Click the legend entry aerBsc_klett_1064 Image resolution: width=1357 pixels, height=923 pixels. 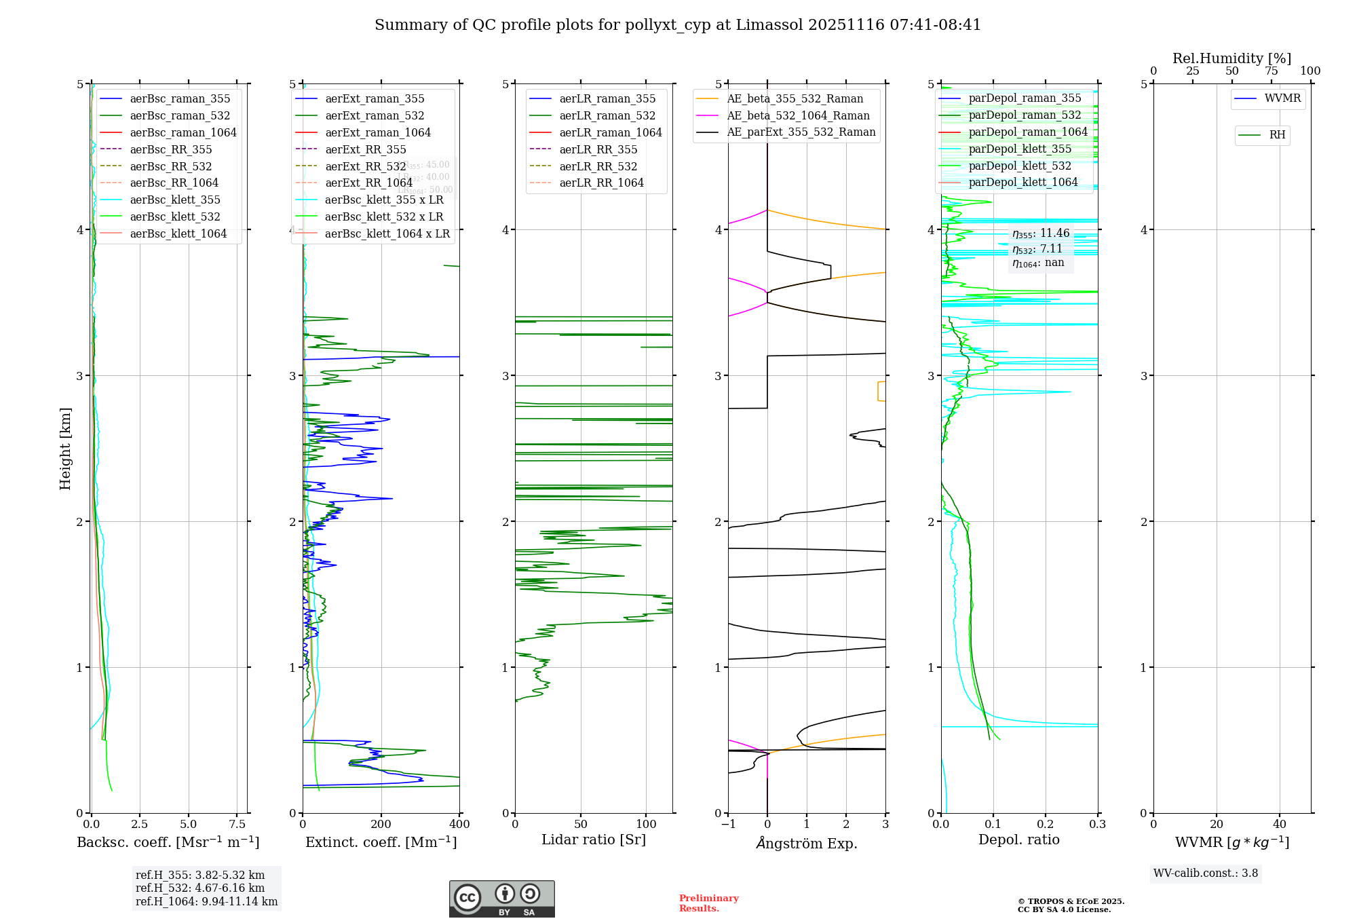click(x=178, y=233)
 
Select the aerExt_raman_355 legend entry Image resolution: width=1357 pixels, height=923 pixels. click(x=375, y=99)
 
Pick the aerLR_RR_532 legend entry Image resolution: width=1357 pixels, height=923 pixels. click(x=598, y=166)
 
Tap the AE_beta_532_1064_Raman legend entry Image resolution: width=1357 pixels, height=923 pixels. click(x=798, y=115)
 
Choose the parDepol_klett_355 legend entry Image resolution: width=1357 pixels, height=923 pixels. click(x=1020, y=149)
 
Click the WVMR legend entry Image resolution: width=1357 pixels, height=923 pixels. click(x=1282, y=98)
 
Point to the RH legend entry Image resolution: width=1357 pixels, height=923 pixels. click(x=1277, y=135)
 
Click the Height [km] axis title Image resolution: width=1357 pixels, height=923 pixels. click(x=65, y=448)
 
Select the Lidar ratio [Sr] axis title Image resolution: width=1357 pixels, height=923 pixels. click(x=594, y=840)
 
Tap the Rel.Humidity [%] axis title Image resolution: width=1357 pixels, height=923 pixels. click(x=1231, y=58)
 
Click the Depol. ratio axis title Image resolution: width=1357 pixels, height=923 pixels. click(x=1018, y=840)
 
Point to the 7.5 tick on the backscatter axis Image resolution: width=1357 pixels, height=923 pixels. click(x=237, y=825)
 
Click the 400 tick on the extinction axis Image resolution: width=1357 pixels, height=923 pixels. click(x=459, y=825)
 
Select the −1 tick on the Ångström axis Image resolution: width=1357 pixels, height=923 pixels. click(x=728, y=825)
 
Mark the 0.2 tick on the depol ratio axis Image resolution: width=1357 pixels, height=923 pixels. click(x=1046, y=825)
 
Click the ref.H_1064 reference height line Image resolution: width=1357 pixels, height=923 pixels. click(x=206, y=901)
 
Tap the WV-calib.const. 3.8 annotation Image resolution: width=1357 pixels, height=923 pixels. click(x=1206, y=873)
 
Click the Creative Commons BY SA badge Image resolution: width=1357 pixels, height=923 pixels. click(x=501, y=899)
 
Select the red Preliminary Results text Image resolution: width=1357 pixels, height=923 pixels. click(x=708, y=903)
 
